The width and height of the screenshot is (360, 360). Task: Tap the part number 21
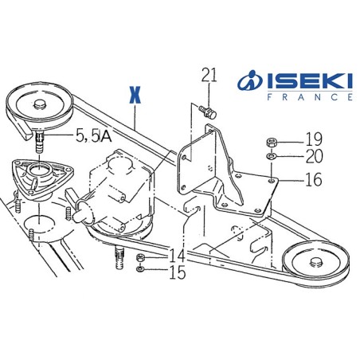pos(209,76)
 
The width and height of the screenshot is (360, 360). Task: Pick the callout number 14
pos(177,256)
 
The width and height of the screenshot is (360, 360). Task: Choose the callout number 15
pos(177,273)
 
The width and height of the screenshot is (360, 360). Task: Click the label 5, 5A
pos(93,136)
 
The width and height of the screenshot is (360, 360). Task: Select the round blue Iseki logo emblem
pos(251,82)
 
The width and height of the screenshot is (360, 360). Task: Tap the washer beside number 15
pos(140,272)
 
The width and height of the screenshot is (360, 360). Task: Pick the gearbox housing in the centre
pos(119,191)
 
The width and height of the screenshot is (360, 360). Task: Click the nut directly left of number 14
pos(140,257)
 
